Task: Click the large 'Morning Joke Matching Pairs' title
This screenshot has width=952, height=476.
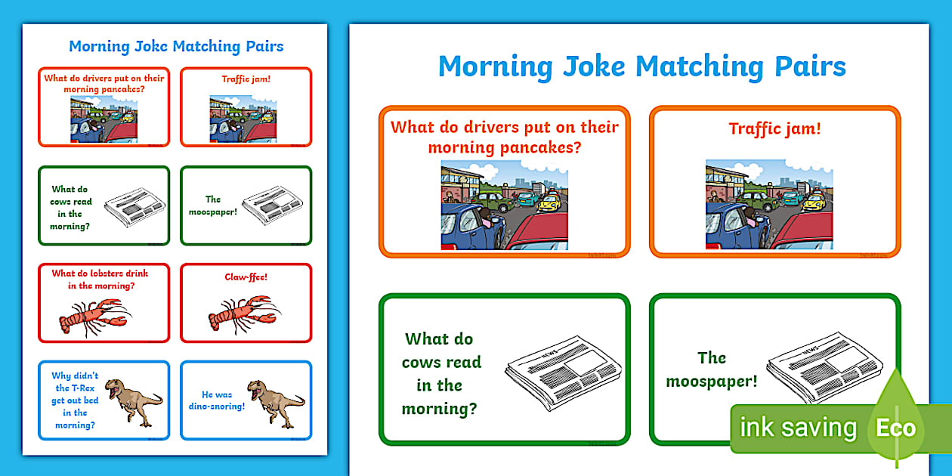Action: click(x=641, y=66)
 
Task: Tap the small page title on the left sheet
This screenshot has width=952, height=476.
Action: click(x=176, y=46)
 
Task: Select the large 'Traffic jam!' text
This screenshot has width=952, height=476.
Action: click(x=774, y=128)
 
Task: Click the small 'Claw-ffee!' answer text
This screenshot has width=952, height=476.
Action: click(x=246, y=277)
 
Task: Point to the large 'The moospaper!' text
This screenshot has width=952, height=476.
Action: click(x=711, y=369)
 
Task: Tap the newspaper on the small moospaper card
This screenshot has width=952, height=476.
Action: click(x=272, y=206)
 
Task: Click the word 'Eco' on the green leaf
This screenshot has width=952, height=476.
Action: click(x=896, y=428)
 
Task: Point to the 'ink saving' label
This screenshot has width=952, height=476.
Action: click(x=798, y=428)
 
